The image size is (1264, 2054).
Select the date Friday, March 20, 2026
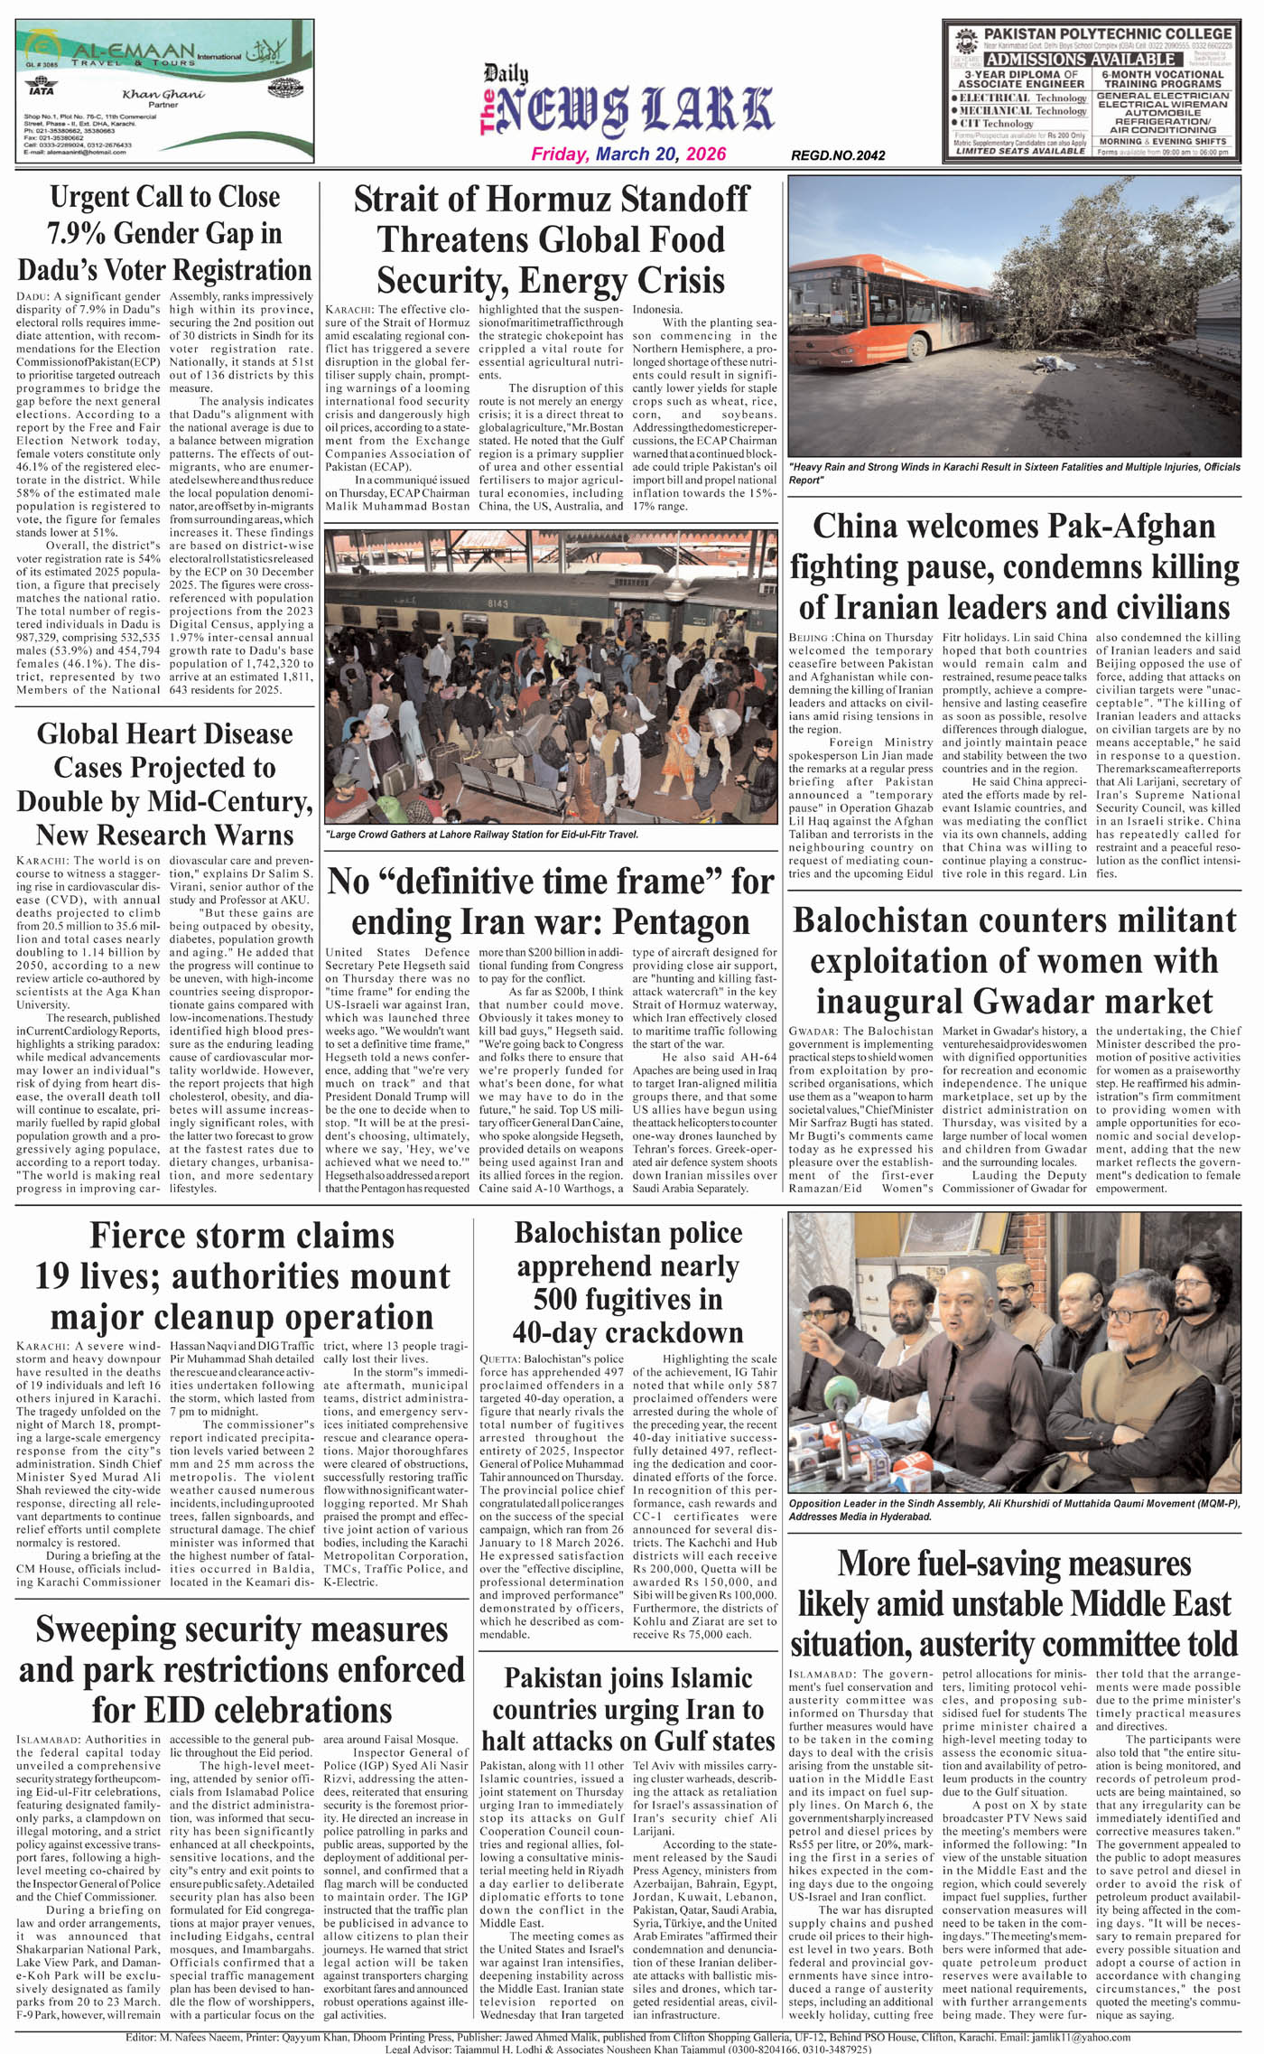click(x=628, y=154)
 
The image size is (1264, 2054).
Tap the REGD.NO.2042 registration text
click(x=838, y=155)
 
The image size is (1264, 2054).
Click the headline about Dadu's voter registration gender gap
click(x=164, y=233)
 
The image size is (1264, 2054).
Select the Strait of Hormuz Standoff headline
click(x=551, y=239)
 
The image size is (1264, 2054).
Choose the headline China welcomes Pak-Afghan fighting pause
click(x=1015, y=566)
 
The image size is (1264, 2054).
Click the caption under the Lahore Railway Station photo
click(x=482, y=834)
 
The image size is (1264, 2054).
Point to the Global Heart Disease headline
click(x=164, y=783)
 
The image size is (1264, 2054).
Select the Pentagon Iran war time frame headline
click(x=551, y=901)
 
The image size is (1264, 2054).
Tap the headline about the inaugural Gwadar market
click(x=1015, y=960)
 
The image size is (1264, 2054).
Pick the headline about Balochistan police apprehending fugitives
click(x=628, y=1282)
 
